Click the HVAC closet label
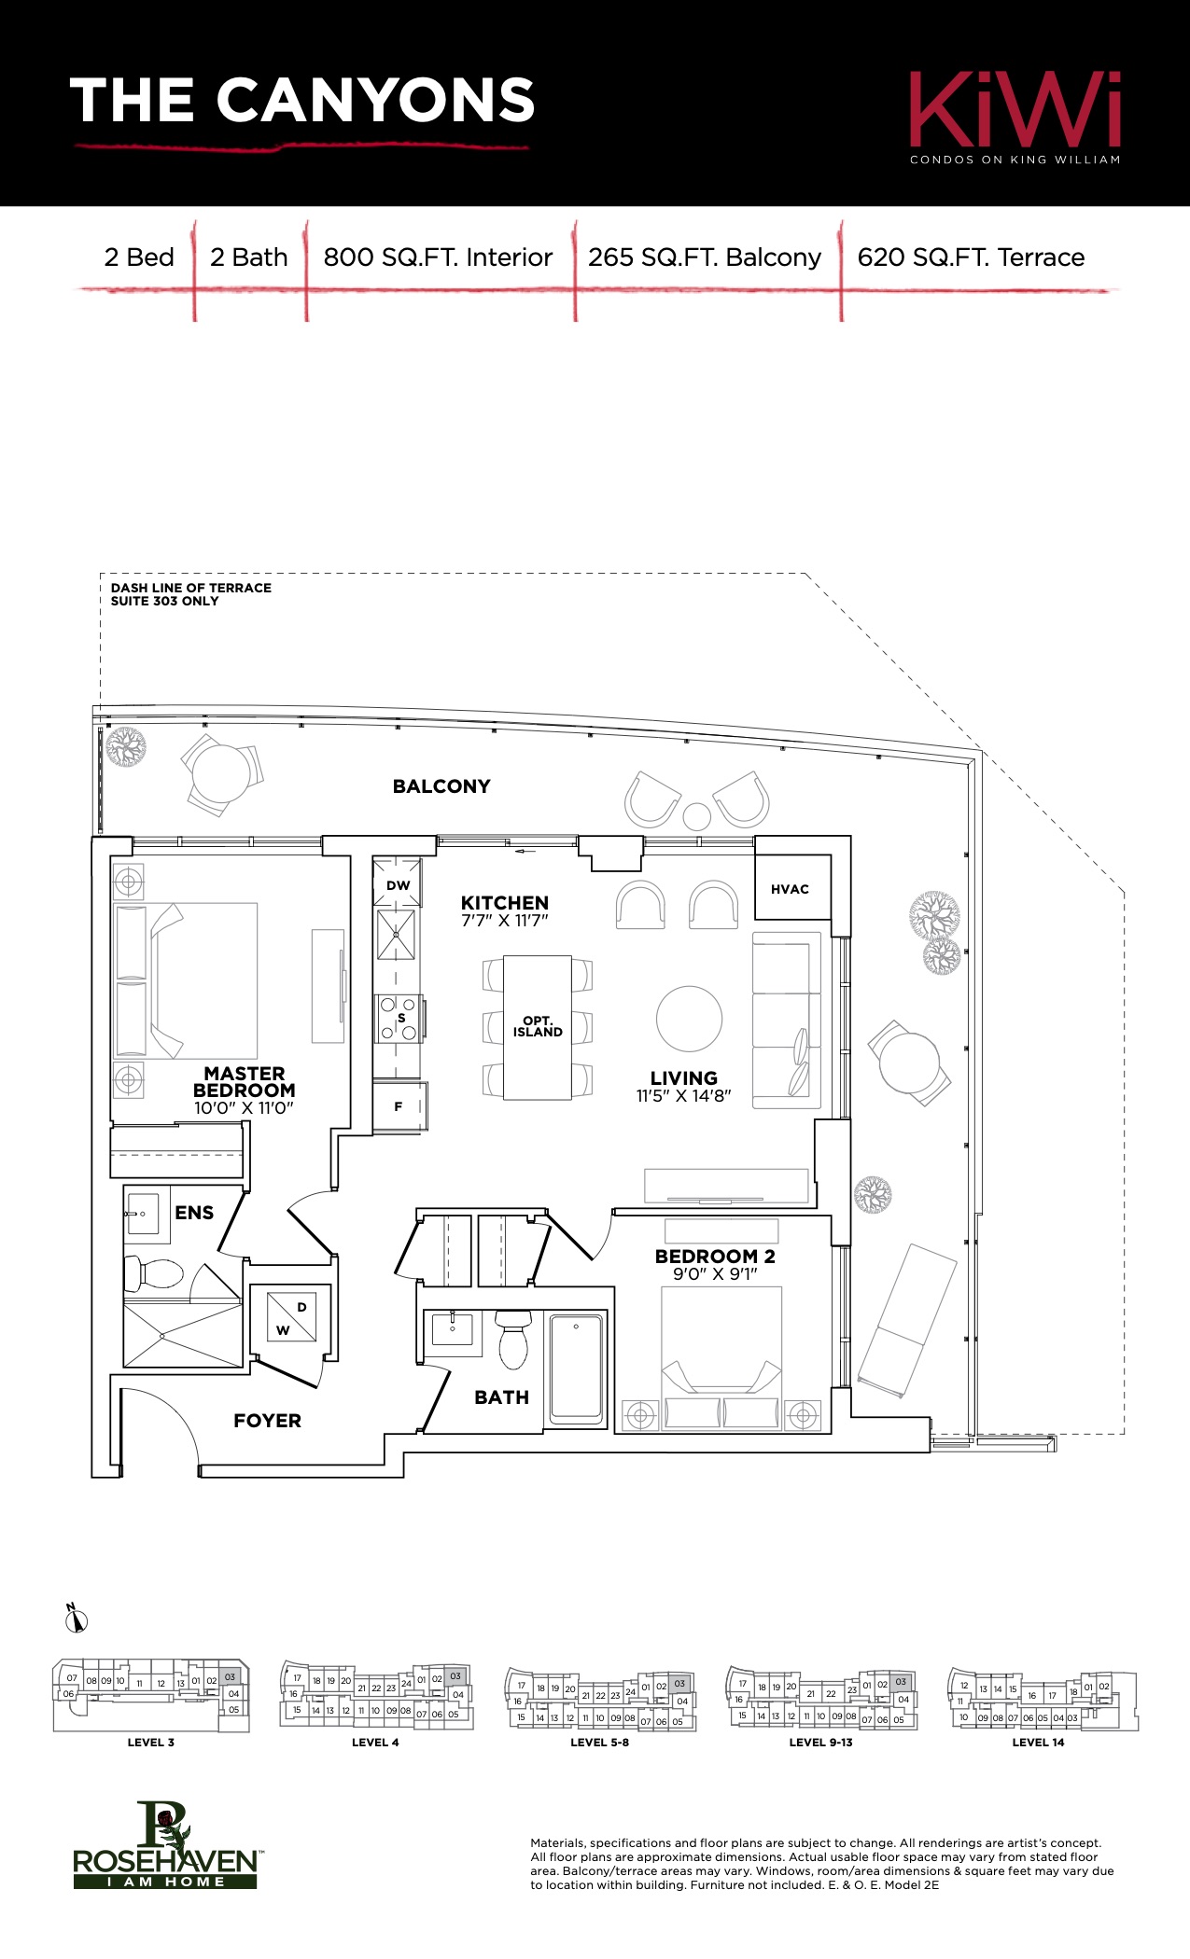click(x=790, y=889)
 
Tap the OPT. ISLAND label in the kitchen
click(x=538, y=1026)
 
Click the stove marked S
click(x=397, y=1018)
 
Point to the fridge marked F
click(x=399, y=1107)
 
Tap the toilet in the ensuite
click(x=154, y=1272)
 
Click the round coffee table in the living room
click(x=689, y=1019)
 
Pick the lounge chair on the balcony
click(x=907, y=1322)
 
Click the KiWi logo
click(x=1015, y=118)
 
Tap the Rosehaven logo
click(x=165, y=1844)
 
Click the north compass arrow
click(x=77, y=1619)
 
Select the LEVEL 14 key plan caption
click(x=1038, y=1742)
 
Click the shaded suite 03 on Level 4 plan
click(x=455, y=1676)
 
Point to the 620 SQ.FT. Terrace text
click(x=971, y=257)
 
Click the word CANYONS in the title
click(x=376, y=100)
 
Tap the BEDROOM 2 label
click(x=715, y=1257)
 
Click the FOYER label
click(x=267, y=1421)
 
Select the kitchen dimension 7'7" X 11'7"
click(x=505, y=921)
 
